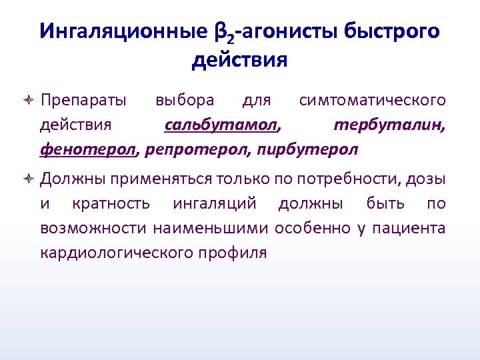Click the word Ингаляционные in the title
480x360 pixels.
pyautogui.click(x=117, y=31)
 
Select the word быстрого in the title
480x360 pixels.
pyautogui.click(x=393, y=31)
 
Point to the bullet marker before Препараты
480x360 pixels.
pyautogui.click(x=27, y=101)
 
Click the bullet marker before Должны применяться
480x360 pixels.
pyautogui.click(x=27, y=179)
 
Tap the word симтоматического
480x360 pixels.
pyautogui.click(x=372, y=100)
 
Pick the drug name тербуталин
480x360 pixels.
pyautogui.click(x=390, y=125)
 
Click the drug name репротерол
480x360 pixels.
pyautogui.click(x=197, y=149)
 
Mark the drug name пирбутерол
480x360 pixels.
pyautogui.click(x=307, y=149)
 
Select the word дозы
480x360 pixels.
pyautogui.click(x=429, y=179)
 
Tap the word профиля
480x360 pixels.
pyautogui.click(x=230, y=253)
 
